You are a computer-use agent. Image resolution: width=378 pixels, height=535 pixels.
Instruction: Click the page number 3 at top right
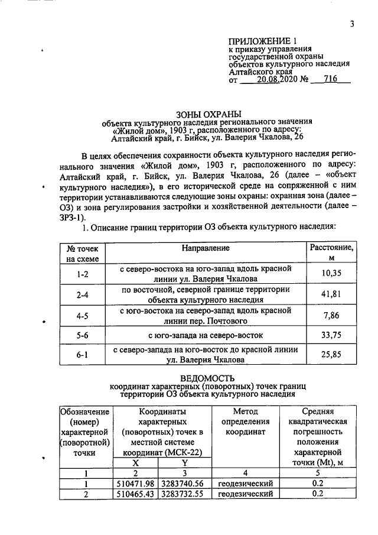click(x=351, y=24)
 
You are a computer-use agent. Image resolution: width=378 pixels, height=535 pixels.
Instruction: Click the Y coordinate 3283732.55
click(x=184, y=493)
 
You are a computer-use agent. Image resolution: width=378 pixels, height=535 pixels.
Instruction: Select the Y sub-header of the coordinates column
click(x=184, y=462)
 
